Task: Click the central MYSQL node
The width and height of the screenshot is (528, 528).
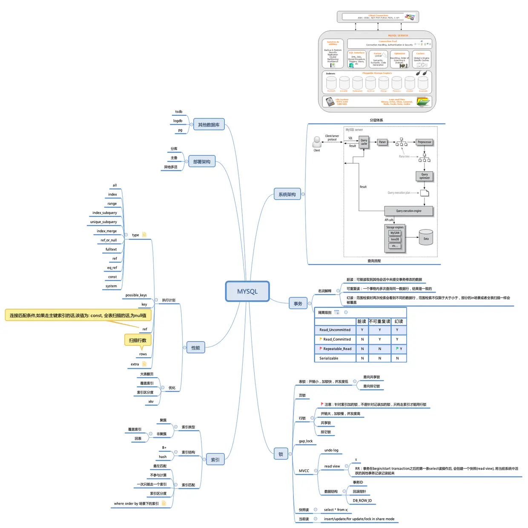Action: pos(247,291)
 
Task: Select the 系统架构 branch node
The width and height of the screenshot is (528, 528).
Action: pos(287,194)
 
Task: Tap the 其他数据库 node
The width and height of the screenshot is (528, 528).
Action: pos(209,124)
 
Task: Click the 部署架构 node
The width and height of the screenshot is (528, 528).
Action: pos(201,161)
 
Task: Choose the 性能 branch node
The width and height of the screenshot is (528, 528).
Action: pos(195,347)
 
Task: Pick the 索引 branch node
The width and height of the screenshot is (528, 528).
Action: pos(215,459)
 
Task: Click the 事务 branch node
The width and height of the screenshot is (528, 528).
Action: pos(298,303)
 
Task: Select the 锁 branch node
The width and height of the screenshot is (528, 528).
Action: pos(281,454)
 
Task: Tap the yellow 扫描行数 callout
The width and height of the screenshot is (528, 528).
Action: pos(138,340)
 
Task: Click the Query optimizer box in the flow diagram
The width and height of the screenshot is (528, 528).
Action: pos(424,176)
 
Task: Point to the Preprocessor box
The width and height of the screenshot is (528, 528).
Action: pos(424,142)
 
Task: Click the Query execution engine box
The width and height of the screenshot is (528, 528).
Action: pos(408,211)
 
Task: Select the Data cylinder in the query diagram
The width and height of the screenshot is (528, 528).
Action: pos(426,238)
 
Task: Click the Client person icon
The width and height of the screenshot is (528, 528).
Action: pos(317,141)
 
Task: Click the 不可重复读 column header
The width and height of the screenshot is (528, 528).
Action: pos(379,321)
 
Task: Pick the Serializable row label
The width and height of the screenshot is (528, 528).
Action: pos(329,358)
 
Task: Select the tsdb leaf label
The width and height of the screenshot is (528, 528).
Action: pos(178,112)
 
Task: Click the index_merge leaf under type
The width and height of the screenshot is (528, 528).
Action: pos(106,231)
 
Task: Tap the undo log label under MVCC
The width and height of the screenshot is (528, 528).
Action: pos(331,450)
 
